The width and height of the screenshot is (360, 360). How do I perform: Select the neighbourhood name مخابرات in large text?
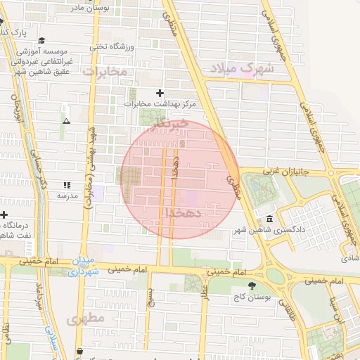click(105, 71)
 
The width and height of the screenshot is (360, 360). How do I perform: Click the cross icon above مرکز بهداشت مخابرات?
click(160, 93)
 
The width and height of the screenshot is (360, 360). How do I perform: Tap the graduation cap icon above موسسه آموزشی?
click(42, 41)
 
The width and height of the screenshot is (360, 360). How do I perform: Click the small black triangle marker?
click(67, 121)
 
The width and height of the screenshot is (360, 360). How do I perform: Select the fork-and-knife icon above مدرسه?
click(67, 184)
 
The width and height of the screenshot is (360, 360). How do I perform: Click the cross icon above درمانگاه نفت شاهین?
click(4, 214)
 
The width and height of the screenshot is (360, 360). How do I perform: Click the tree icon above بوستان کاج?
click(252, 285)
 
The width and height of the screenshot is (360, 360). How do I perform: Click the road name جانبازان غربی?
click(288, 170)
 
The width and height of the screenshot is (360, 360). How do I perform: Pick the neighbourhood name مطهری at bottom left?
click(86, 319)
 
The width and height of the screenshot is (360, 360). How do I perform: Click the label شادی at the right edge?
click(350, 258)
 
